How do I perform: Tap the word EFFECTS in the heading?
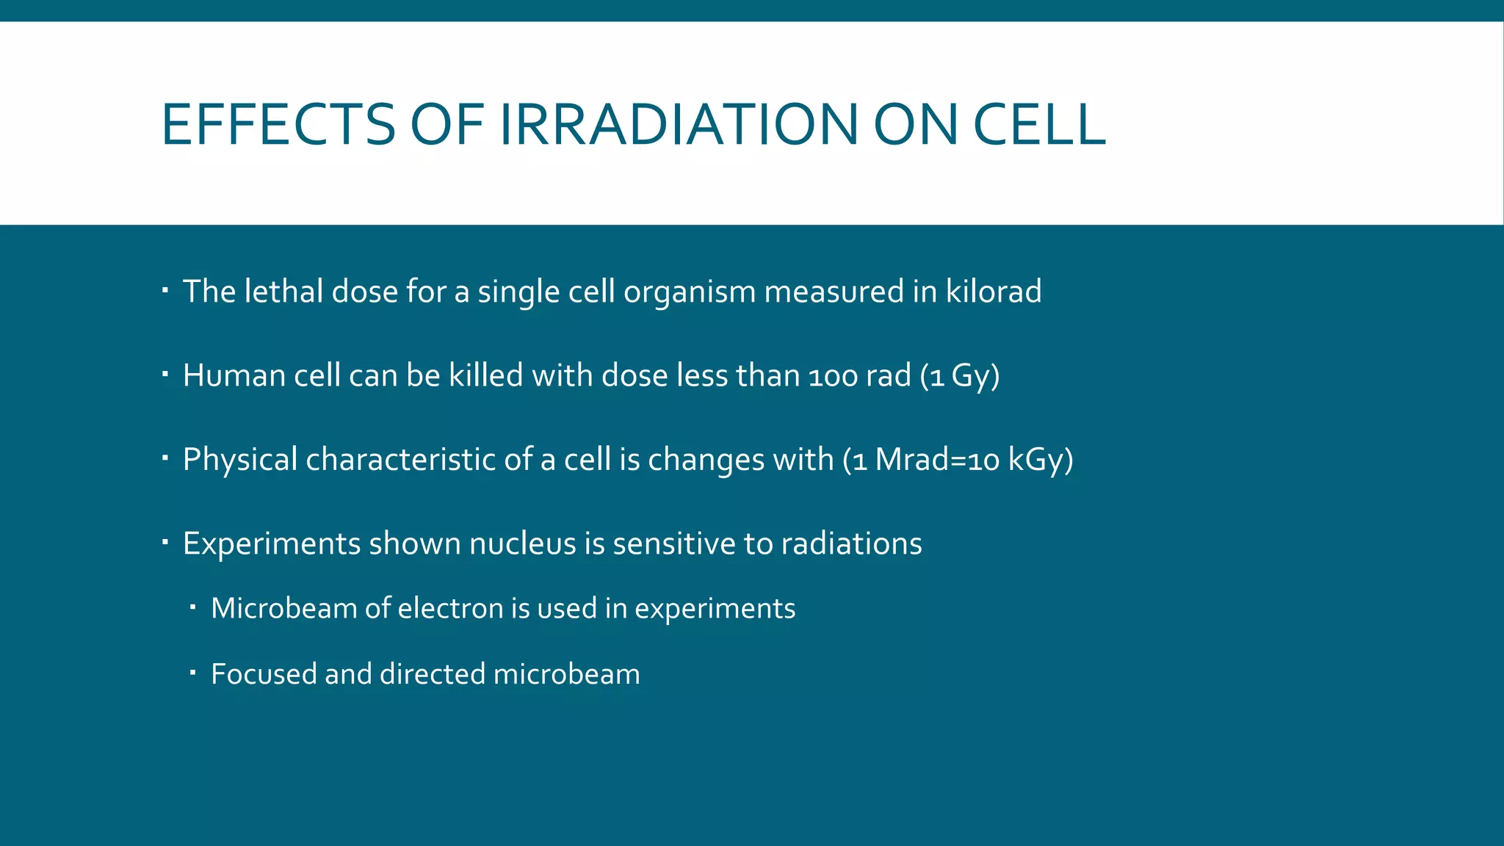point(278,124)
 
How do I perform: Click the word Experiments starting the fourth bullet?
point(272,544)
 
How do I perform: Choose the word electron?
point(450,608)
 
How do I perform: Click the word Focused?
point(263,674)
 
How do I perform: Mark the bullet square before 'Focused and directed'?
point(192,673)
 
